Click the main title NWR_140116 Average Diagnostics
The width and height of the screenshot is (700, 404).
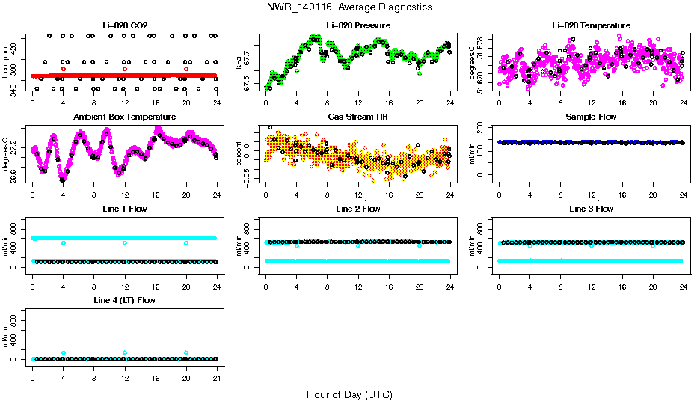coord(349,7)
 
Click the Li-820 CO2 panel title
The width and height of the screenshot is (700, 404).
coord(125,25)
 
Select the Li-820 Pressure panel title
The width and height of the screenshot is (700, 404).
coord(358,25)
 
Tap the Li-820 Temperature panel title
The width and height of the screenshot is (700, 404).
coord(591,25)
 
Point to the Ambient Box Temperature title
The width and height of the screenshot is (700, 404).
coord(125,117)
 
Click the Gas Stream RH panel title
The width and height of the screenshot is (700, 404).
coord(358,117)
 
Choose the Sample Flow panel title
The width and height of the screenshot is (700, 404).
coord(591,117)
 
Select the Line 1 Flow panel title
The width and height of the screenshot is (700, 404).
coord(125,209)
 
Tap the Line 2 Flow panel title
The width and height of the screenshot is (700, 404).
coord(358,209)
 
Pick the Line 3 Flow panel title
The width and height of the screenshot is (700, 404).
coord(591,209)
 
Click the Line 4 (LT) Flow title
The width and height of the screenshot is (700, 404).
coord(125,300)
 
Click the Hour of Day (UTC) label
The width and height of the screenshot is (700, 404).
coord(349,394)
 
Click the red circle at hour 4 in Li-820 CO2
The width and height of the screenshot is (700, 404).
coord(64,69)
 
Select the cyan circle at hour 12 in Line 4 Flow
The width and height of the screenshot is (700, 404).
coord(125,352)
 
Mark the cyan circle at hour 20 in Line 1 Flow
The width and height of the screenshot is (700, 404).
coord(186,243)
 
